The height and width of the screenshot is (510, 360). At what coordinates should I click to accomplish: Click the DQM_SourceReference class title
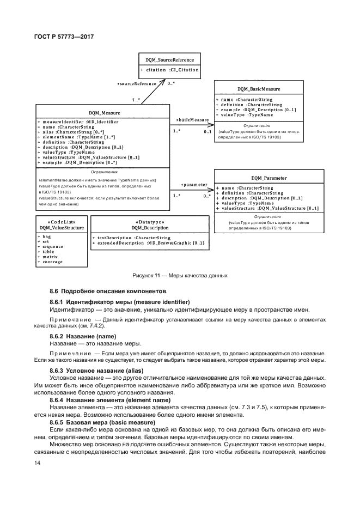[x=169, y=59]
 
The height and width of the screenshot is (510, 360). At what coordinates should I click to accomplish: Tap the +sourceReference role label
[x=137, y=83]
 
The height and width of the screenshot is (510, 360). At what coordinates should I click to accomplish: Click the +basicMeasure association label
[x=192, y=119]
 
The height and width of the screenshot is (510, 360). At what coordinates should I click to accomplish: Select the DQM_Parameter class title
[x=269, y=178]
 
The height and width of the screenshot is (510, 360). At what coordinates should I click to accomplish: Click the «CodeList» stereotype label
[x=61, y=221]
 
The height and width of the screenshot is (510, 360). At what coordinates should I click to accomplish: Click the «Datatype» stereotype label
[x=149, y=221]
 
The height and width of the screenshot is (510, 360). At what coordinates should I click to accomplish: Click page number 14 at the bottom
[x=37, y=463]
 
